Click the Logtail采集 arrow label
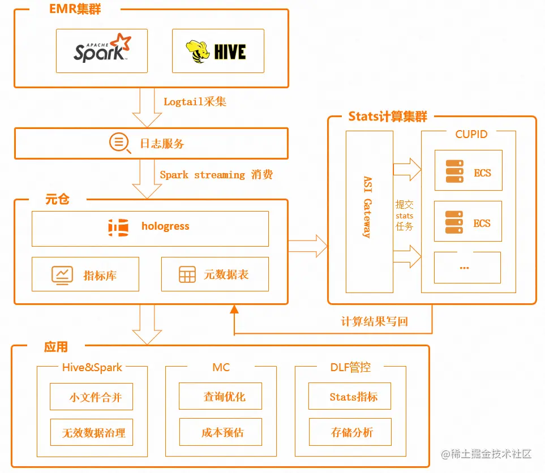pos(195,102)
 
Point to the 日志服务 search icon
pos(119,143)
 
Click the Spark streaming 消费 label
pos(216,175)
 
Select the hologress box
pos(150,229)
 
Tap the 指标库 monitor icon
pos(62,276)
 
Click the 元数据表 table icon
pos(187,276)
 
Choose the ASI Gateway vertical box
pos(369,212)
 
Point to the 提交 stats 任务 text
pos(405,216)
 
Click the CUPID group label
pos(471,135)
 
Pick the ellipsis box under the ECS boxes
pos(467,268)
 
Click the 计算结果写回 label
pos(375,321)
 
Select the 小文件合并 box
pos(92,397)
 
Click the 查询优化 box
pos(221,397)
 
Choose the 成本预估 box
pos(221,433)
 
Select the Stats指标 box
pos(350,397)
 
